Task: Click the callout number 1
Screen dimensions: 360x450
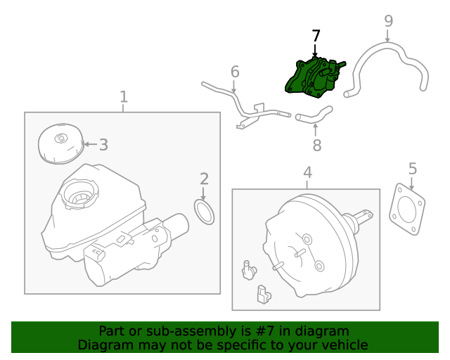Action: [124, 96]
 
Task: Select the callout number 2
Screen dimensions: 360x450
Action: [204, 179]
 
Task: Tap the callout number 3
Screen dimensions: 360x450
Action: [103, 145]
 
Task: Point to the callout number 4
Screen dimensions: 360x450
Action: [307, 172]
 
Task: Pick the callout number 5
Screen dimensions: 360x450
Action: [413, 168]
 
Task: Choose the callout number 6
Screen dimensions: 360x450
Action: [235, 72]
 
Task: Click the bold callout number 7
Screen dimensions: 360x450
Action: [316, 35]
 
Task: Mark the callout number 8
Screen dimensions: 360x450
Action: [316, 146]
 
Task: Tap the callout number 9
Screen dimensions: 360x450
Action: [389, 20]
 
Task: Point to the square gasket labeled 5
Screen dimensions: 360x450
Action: [407, 210]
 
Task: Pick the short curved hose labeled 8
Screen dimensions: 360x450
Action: [314, 115]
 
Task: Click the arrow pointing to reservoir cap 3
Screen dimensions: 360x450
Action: [89, 145]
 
